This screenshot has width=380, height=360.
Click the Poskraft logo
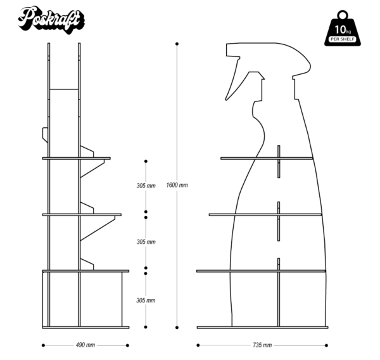(50, 18)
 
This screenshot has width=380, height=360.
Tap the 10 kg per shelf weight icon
(343, 29)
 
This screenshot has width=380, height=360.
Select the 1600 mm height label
(177, 185)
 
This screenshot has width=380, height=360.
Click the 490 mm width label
(85, 345)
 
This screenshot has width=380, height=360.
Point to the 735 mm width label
(262, 345)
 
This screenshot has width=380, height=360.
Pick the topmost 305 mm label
(146, 186)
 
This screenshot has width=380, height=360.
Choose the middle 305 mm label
(146, 242)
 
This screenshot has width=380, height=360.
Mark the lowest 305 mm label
(146, 300)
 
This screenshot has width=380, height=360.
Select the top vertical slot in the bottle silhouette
(278, 162)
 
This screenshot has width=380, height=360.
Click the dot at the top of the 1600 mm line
(177, 44)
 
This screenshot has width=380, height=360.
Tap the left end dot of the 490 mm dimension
(43, 345)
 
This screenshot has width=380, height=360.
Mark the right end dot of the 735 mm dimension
(326, 345)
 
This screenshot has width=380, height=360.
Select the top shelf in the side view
(76, 158)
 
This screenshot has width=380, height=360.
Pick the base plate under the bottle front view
(262, 328)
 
